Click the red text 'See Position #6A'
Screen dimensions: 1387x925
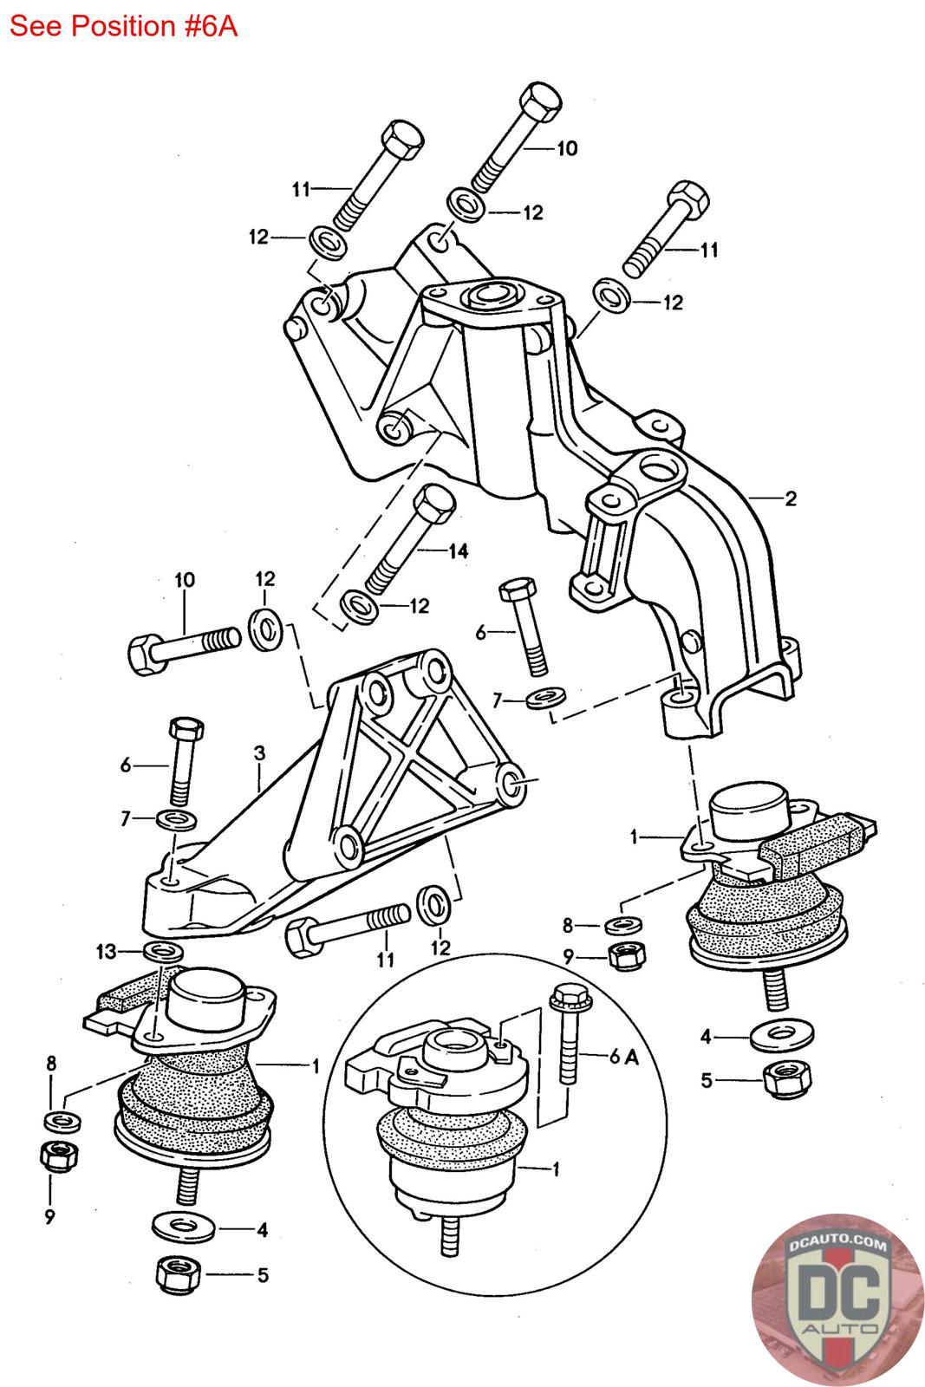pyautogui.click(x=123, y=26)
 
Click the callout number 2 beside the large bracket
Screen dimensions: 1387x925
pyautogui.click(x=790, y=498)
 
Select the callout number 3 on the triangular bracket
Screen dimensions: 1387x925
pyautogui.click(x=259, y=754)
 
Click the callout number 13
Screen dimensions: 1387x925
pyautogui.click(x=106, y=953)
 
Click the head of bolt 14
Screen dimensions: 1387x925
pyautogui.click(x=436, y=502)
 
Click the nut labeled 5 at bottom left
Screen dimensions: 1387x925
pyautogui.click(x=173, y=1273)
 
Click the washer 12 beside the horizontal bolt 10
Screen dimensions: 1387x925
pyautogui.click(x=264, y=623)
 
